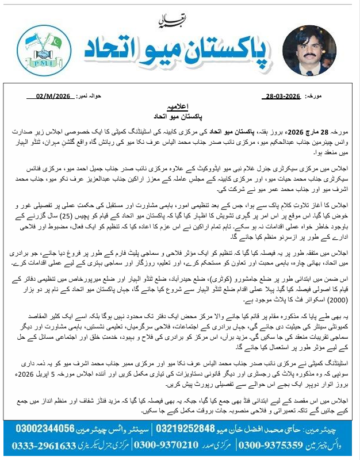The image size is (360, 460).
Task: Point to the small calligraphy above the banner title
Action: [170, 22]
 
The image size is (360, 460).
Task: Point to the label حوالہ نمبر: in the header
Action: [94, 96]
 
